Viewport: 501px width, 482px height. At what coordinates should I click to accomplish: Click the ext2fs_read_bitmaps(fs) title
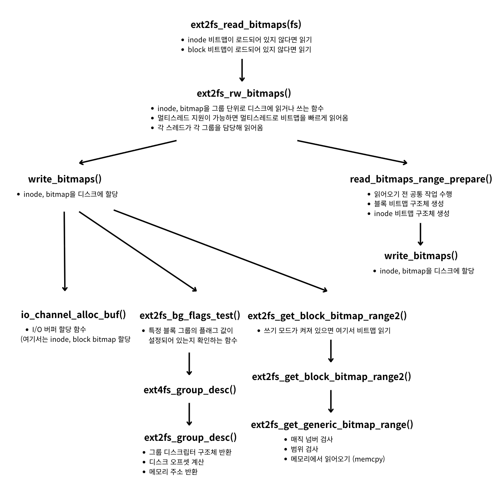[246, 25]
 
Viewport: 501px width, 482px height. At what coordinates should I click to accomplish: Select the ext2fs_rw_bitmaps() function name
[244, 93]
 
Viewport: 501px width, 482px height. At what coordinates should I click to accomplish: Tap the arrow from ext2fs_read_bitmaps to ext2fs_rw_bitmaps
[242, 70]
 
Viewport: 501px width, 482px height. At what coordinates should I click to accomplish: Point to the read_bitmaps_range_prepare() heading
[421, 179]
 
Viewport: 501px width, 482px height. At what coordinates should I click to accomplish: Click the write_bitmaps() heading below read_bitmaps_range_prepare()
[421, 256]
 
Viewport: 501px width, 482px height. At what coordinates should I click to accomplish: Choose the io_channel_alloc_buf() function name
[74, 315]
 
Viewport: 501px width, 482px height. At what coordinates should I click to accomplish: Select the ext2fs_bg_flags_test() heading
[190, 315]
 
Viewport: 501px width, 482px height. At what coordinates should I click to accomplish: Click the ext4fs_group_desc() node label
[190, 390]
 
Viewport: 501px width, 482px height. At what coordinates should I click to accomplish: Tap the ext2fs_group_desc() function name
[190, 437]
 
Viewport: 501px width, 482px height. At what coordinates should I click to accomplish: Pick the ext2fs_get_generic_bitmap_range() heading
[332, 425]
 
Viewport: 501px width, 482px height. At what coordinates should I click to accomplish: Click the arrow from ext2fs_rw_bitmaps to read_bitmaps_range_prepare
[352, 152]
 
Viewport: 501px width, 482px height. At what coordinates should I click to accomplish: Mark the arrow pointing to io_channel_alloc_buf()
[65, 251]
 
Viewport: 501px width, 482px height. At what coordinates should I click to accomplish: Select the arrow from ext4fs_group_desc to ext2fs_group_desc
[189, 414]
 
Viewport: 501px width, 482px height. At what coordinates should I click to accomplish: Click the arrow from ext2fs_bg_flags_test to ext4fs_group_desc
[189, 363]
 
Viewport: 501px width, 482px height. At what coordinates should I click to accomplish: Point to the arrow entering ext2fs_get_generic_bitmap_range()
[331, 401]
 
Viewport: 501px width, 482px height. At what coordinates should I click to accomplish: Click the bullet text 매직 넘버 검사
[312, 439]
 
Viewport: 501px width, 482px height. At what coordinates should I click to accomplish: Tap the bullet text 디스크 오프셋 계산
[177, 462]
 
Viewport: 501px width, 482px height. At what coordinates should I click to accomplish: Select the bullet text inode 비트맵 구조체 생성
[412, 213]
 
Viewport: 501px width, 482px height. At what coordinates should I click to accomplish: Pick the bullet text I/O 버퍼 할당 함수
[59, 329]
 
